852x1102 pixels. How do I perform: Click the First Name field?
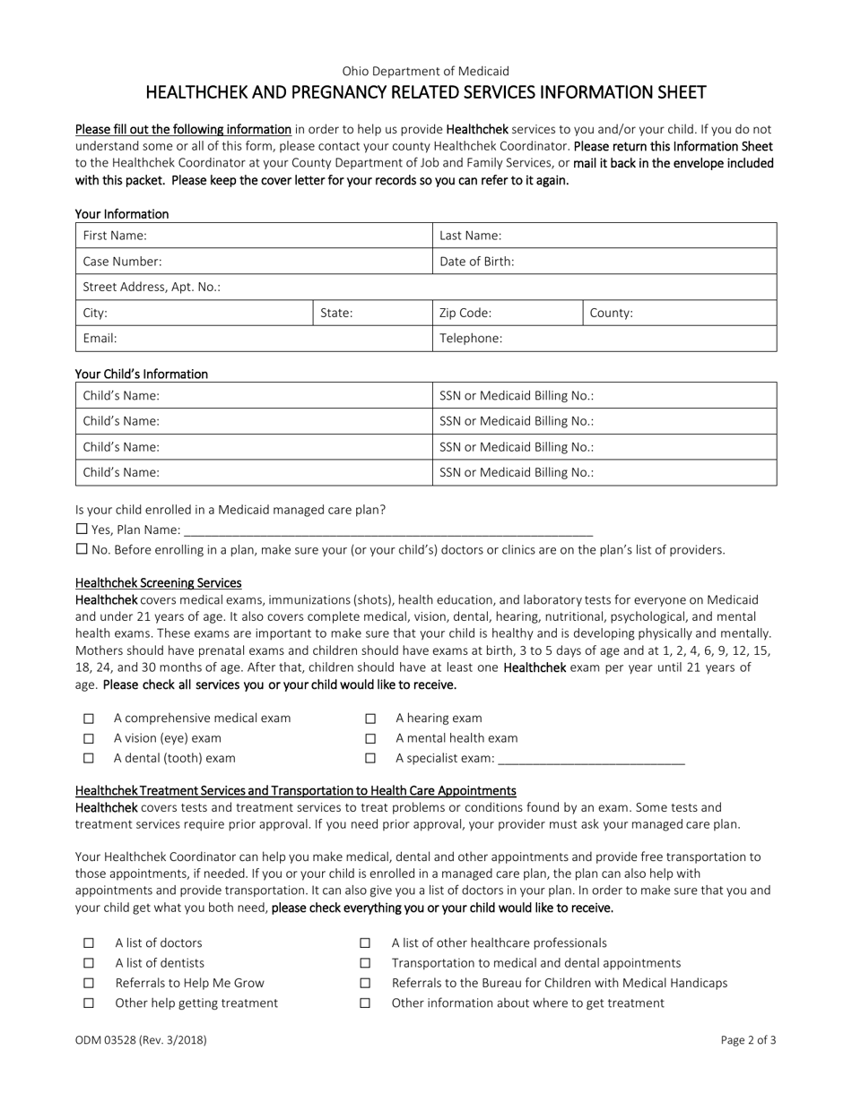point(287,236)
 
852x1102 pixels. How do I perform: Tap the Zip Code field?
point(538,314)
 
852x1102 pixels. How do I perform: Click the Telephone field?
point(637,339)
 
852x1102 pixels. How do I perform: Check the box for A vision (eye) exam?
point(88,739)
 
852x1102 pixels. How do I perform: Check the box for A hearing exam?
point(369,719)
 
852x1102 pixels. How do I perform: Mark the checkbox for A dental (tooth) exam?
point(88,759)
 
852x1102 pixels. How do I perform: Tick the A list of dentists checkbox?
point(88,963)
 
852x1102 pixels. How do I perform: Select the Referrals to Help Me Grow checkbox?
point(88,984)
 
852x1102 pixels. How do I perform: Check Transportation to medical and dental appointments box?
point(365,963)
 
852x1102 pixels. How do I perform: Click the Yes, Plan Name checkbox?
point(82,529)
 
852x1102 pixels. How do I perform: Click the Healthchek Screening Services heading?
point(158,583)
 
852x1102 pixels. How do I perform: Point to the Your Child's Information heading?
point(142,375)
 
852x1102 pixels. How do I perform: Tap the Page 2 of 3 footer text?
point(748,1041)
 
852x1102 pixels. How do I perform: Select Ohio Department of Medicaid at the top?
point(425,71)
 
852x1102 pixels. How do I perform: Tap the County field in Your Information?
point(700,314)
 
